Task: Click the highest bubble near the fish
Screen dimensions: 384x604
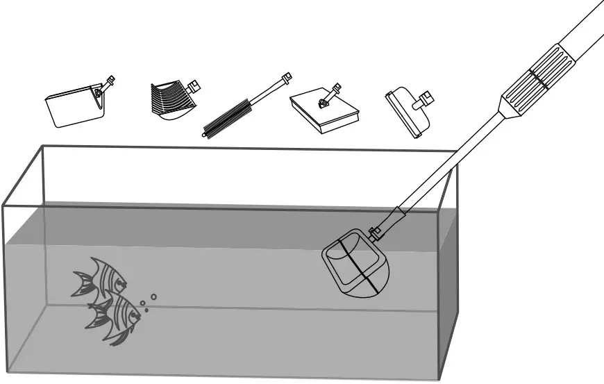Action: (153, 297)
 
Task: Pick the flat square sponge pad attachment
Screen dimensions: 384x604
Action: (324, 110)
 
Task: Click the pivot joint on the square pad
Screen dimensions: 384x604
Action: (324, 103)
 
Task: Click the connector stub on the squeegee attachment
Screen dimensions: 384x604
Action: (422, 105)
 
